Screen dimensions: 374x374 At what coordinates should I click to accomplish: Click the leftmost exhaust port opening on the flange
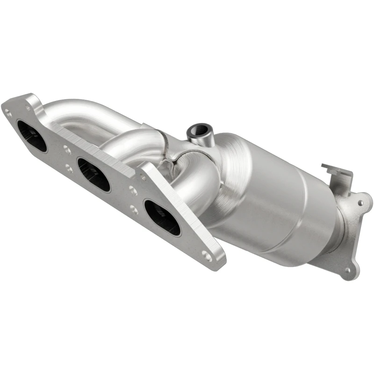click(x=32, y=136)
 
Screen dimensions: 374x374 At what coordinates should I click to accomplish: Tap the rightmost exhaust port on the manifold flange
click(x=162, y=217)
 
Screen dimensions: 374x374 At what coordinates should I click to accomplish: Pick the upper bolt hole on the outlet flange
click(x=360, y=203)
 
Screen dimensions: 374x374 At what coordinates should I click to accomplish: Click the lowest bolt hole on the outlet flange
click(x=347, y=270)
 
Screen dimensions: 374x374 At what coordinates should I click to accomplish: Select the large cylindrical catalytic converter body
click(x=276, y=206)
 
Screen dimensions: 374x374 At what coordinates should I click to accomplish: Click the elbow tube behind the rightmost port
click(x=196, y=187)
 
